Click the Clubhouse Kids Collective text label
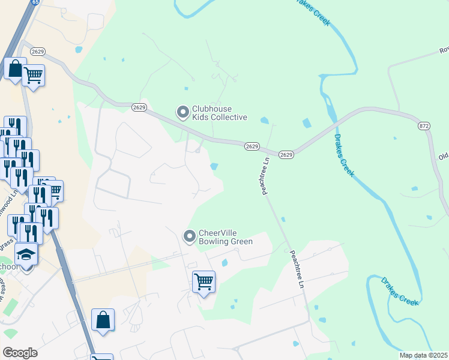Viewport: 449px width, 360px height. click(x=219, y=112)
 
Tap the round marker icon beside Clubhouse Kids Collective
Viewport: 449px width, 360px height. click(x=182, y=112)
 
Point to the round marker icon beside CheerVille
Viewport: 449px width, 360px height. click(x=190, y=236)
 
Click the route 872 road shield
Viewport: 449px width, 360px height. click(x=424, y=125)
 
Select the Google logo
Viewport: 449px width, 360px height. click(x=20, y=352)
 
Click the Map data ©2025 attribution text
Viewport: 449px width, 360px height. click(x=423, y=355)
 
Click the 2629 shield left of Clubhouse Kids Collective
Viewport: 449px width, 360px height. click(x=139, y=107)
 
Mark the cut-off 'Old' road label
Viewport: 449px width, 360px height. click(x=443, y=157)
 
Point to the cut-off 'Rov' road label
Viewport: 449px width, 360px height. click(x=444, y=50)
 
